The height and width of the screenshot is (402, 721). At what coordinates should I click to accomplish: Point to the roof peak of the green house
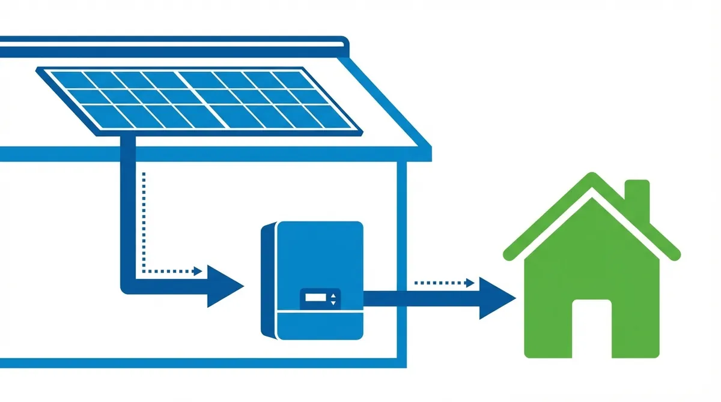click(x=592, y=178)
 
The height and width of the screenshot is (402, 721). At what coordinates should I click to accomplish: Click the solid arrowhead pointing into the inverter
click(x=225, y=287)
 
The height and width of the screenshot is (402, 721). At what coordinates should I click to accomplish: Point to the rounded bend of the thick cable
click(x=127, y=288)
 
